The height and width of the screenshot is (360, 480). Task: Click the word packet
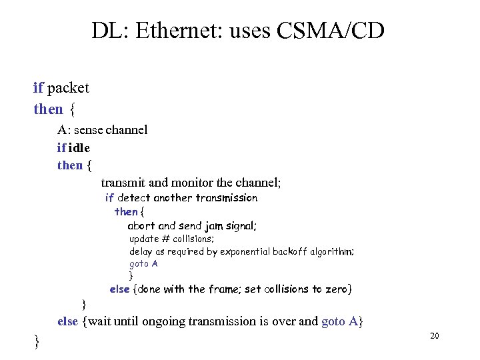pos(69,88)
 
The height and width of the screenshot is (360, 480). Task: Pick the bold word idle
pos(79,147)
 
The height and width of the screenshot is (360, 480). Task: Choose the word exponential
pos(223,251)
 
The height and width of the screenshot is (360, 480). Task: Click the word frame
pos(223,289)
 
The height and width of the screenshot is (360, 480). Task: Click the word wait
pos(101,321)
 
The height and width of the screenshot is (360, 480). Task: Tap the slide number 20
pos(435,336)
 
